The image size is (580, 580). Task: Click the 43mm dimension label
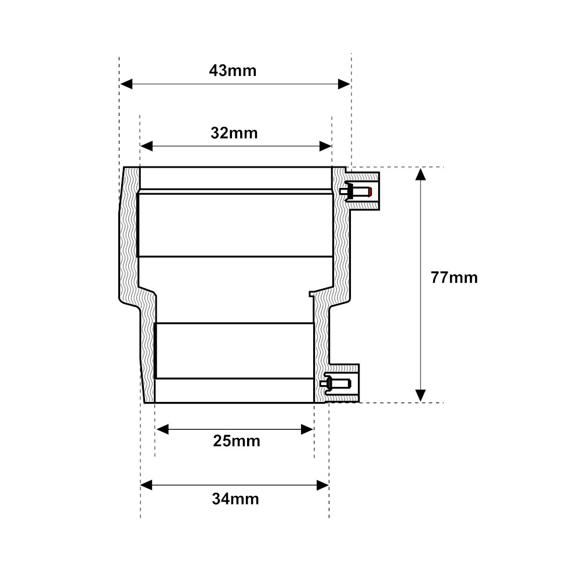(233, 71)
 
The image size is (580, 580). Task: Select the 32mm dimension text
(234, 133)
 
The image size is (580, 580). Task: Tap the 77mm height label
(454, 277)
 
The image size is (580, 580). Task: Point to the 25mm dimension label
(237, 441)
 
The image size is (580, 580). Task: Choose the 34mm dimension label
(235, 499)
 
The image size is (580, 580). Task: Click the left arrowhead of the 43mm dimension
(126, 84)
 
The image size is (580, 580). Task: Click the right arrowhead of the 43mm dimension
(344, 84)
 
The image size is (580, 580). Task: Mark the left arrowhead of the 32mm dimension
(147, 146)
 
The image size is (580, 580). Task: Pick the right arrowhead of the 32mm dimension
(325, 146)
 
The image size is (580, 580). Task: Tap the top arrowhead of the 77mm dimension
(420, 174)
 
